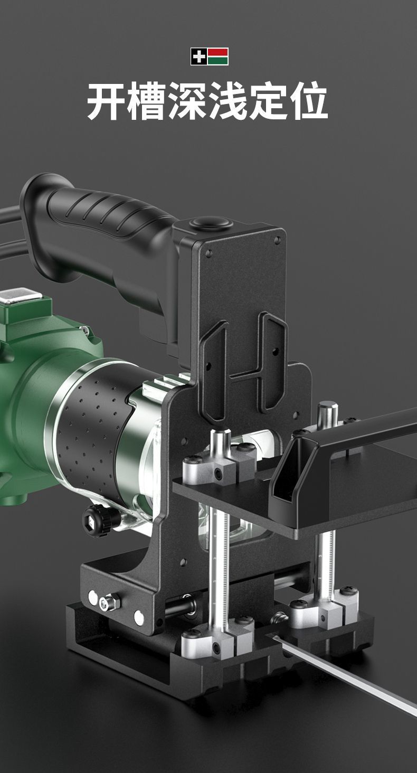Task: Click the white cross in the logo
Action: tap(199, 56)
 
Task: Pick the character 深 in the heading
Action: tap(186, 101)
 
